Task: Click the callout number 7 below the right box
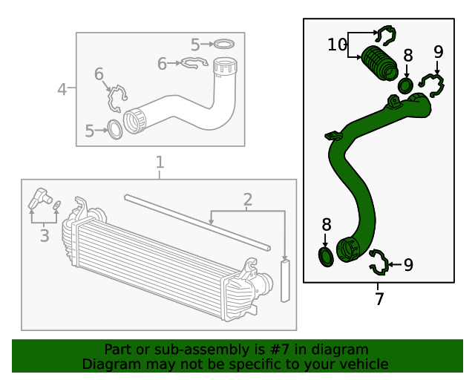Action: pos(379,299)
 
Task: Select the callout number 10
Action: pos(337,45)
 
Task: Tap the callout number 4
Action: pos(63,90)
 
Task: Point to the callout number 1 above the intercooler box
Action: pos(159,163)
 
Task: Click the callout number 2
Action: pos(247,199)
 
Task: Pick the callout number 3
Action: pos(44,236)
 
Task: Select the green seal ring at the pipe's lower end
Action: pos(325,257)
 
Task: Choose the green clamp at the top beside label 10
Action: pos(385,34)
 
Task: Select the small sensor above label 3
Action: pos(39,199)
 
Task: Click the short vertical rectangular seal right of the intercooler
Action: pos(285,280)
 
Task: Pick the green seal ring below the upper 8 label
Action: pos(406,85)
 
